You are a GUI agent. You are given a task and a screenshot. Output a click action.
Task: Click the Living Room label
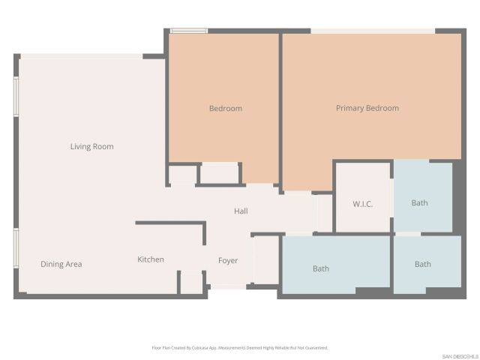[91, 146]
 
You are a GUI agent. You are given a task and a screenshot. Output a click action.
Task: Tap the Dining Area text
[61, 264]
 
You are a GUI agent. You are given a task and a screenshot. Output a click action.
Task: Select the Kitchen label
[150, 259]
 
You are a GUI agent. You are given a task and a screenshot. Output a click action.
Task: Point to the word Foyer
[228, 260]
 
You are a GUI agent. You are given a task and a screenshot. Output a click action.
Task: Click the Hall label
[241, 211]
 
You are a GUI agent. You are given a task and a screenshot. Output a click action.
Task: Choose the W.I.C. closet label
[362, 204]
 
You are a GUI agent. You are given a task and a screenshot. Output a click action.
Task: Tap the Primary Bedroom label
[367, 108]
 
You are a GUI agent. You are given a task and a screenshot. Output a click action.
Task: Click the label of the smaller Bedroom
[225, 108]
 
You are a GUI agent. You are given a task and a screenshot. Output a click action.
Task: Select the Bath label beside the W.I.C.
[420, 202]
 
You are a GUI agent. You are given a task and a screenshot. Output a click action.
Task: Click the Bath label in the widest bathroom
[321, 268]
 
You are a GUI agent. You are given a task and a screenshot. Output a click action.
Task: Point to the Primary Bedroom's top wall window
[373, 31]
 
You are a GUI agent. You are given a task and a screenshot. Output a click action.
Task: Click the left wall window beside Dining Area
[16, 248]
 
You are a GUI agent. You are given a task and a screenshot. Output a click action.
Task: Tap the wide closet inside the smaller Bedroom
[219, 174]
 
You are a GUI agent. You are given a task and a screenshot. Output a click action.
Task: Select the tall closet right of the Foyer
[265, 260]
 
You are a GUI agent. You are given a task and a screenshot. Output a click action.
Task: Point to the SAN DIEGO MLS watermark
[459, 355]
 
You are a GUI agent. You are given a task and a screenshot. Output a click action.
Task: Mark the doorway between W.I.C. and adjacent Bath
[391, 198]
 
